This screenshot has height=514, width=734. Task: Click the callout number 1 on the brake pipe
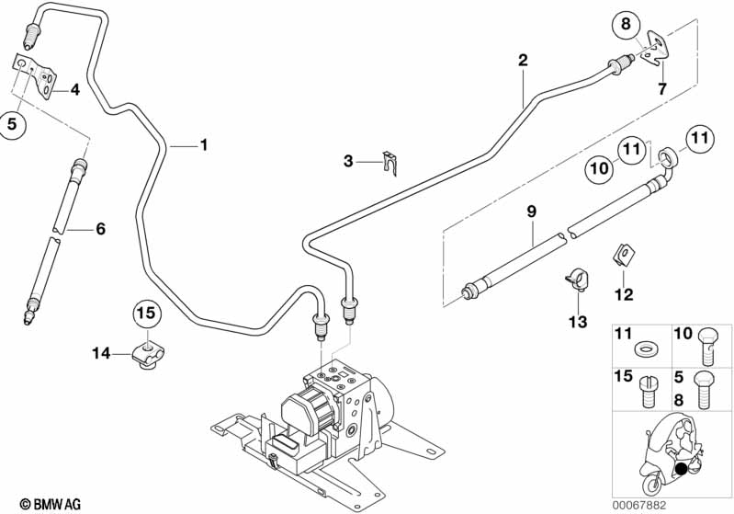[203, 144]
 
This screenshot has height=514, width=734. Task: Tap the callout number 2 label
[523, 62]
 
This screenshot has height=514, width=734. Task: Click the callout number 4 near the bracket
[74, 90]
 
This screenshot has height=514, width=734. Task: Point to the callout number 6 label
[100, 228]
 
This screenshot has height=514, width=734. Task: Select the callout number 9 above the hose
[530, 212]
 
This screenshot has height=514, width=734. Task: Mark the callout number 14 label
[101, 352]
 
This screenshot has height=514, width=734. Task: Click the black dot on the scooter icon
[681, 471]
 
